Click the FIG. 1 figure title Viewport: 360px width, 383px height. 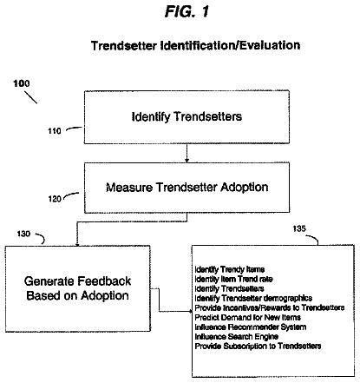click(187, 12)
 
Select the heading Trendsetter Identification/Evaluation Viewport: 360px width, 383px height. click(195, 45)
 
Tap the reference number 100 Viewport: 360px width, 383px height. click(22, 83)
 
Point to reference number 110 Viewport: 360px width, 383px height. click(55, 131)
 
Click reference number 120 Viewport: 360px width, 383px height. click(55, 199)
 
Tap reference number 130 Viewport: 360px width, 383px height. click(23, 234)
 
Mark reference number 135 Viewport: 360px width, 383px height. click(299, 228)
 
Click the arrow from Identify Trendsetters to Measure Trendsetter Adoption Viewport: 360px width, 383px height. click(187, 153)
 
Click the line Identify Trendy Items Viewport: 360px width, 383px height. click(230, 269)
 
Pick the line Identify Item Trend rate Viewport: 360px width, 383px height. click(233, 279)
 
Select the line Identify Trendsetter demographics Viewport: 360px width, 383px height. click(253, 298)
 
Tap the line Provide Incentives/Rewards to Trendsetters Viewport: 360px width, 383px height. click(270, 307)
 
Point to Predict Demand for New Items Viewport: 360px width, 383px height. click(248, 317)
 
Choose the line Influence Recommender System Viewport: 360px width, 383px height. click(251, 327)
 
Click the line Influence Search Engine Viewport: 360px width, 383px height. click(237, 337)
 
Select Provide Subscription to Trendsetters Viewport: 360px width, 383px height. click(258, 346)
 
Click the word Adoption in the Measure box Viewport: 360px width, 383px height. click(245, 188)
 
